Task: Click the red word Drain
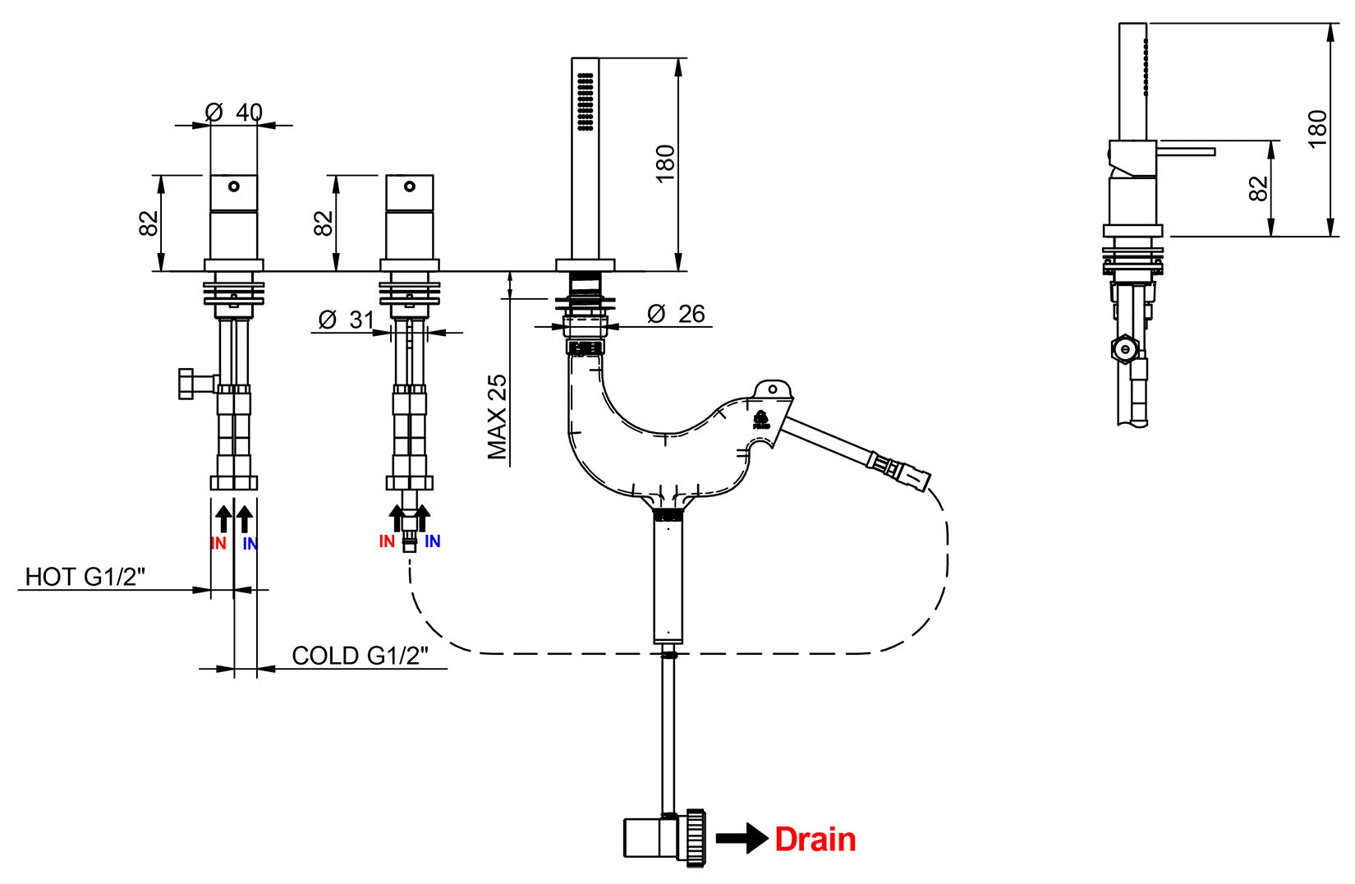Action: coord(815,840)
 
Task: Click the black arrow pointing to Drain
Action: coord(742,838)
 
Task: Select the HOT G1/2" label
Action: coord(85,577)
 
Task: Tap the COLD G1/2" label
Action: coord(360,656)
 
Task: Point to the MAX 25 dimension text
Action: coord(497,417)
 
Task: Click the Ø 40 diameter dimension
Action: coord(233,112)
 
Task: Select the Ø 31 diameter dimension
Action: coord(346,320)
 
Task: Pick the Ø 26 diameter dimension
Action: coord(676,314)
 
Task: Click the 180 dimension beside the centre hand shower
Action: coord(665,163)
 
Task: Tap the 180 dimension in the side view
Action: coord(1317,129)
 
